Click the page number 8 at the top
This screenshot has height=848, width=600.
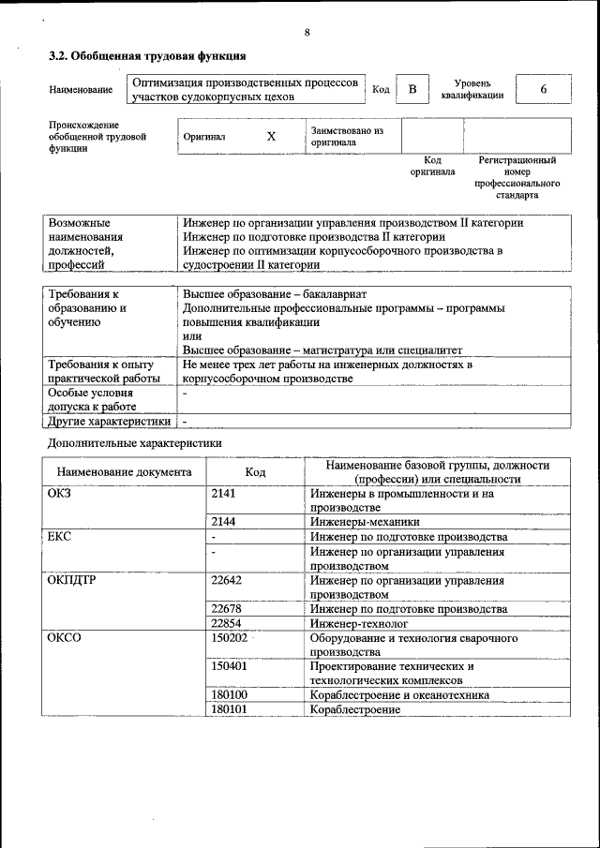(307, 33)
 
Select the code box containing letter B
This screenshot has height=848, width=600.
(412, 89)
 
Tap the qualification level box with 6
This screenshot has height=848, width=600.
(543, 89)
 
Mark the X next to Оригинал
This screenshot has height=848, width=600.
(271, 137)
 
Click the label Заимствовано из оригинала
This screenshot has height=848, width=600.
(347, 137)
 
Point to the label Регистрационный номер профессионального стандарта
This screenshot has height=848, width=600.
(517, 178)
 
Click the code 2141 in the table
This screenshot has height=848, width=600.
(224, 493)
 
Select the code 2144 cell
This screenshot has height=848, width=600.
(224, 522)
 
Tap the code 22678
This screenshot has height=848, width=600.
(227, 609)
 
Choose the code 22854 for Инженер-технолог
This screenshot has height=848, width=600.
(227, 623)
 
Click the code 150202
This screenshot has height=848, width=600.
(230, 638)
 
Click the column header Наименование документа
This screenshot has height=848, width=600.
(124, 472)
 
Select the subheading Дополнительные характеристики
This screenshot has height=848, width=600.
(135, 441)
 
